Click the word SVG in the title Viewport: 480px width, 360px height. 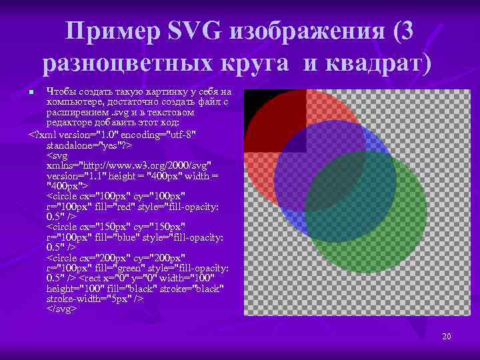[x=196, y=31]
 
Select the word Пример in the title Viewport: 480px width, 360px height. [x=114, y=31]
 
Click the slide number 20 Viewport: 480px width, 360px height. [x=446, y=337]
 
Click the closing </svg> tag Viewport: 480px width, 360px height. [x=62, y=309]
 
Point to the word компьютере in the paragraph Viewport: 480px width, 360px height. [x=74, y=101]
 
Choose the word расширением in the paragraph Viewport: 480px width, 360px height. [x=77, y=113]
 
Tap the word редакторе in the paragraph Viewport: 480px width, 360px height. [x=69, y=124]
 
